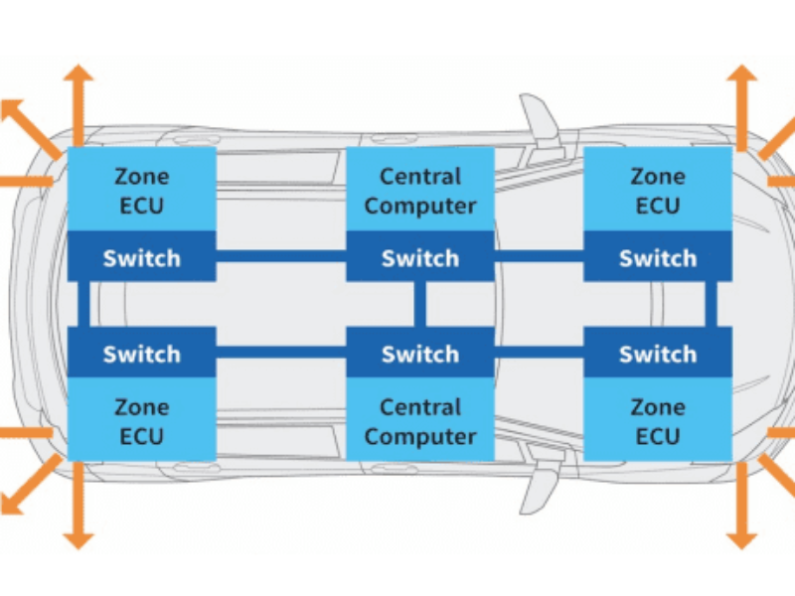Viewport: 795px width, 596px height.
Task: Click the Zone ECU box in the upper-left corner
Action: pyautogui.click(x=141, y=190)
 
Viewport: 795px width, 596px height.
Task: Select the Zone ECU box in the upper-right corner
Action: pyautogui.click(x=658, y=190)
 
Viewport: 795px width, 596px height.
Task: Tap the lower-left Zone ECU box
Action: pyautogui.click(x=141, y=420)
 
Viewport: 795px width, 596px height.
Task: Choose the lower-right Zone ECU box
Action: pyautogui.click(x=658, y=420)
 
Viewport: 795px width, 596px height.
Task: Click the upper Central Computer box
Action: pyautogui.click(x=419, y=190)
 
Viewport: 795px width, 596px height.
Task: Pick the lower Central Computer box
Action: pyautogui.click(x=419, y=420)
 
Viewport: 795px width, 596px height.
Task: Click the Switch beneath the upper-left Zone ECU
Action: pyautogui.click(x=141, y=258)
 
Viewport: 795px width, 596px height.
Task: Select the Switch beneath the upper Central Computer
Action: pyautogui.click(x=419, y=258)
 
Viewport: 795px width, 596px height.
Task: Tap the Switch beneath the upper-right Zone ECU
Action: pyautogui.click(x=658, y=258)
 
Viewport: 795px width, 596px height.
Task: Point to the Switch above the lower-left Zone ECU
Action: pyautogui.click(x=141, y=354)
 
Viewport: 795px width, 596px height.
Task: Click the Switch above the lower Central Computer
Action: pyautogui.click(x=419, y=354)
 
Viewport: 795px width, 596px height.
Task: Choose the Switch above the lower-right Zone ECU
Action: pyautogui.click(x=658, y=354)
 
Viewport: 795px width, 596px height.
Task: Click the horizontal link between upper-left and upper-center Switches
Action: pyautogui.click(x=280, y=257)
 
